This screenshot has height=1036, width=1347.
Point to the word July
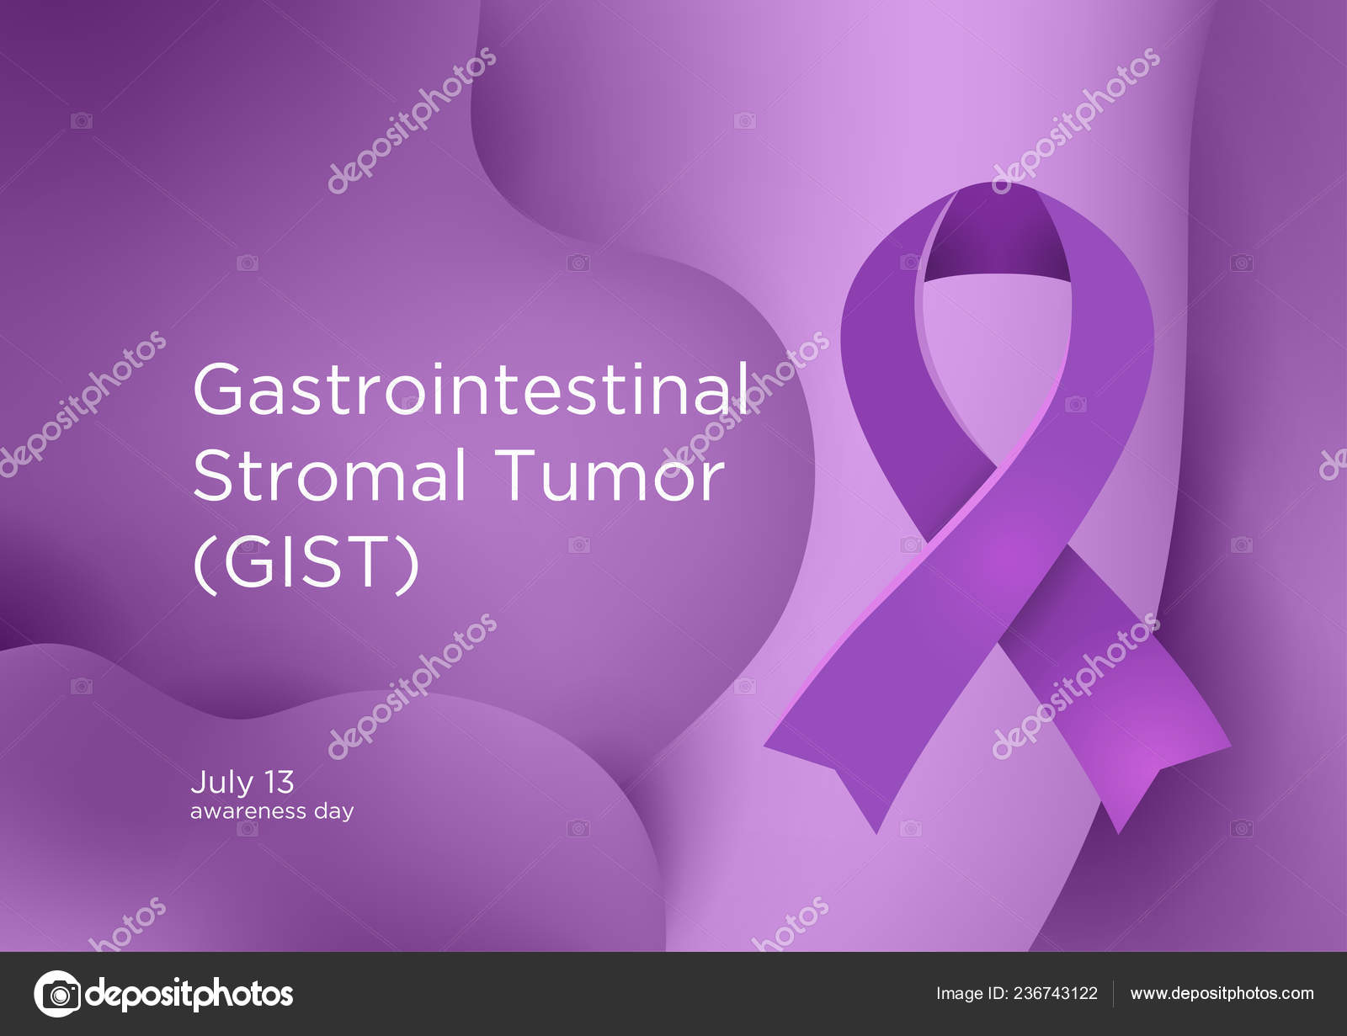(x=221, y=783)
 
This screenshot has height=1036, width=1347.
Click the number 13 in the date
(x=280, y=783)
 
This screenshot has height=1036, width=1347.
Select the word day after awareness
(x=334, y=813)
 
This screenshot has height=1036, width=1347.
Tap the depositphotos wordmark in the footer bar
(x=190, y=994)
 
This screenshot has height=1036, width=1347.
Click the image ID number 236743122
(x=1052, y=994)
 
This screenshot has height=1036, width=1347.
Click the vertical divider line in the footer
(x=1114, y=994)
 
